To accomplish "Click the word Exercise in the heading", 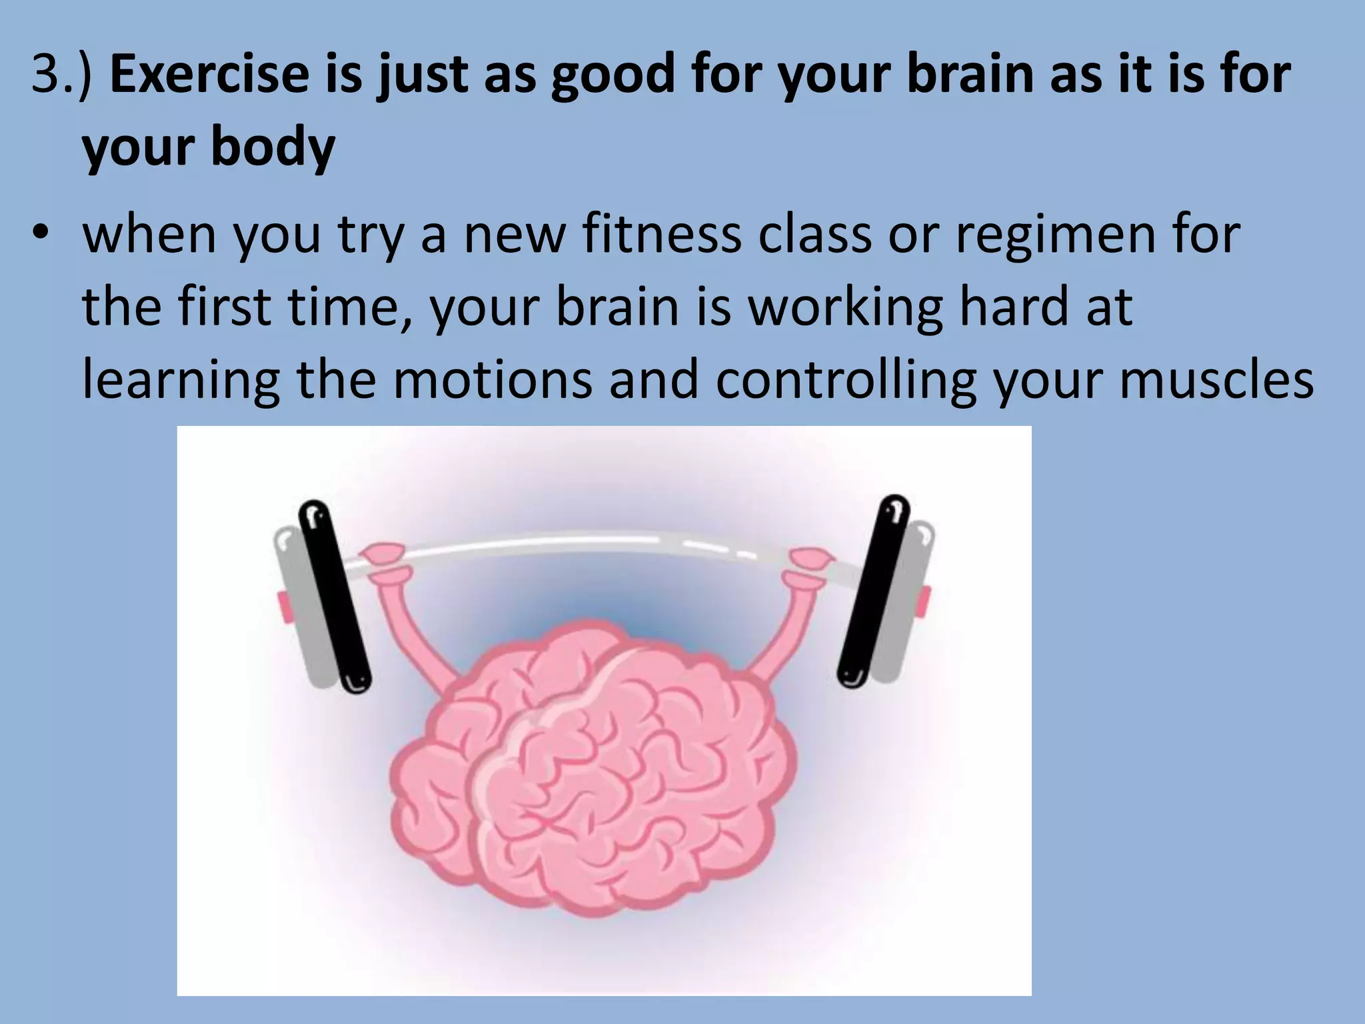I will coord(209,74).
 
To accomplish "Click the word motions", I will coord(493,380).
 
